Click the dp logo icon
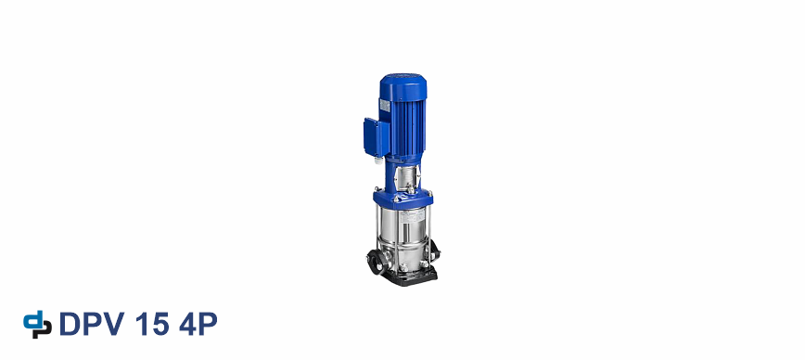(37, 325)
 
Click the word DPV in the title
(92, 324)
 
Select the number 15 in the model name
(152, 324)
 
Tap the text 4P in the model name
(198, 324)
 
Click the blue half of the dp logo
(32, 320)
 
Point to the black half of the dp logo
(45, 328)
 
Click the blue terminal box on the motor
(376, 137)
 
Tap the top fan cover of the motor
(403, 87)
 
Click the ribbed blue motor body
(405, 126)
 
